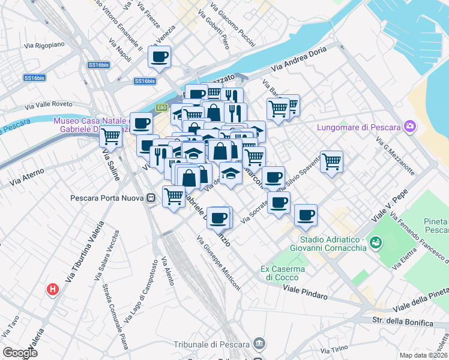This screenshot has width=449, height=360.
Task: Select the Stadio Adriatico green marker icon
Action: [376, 242]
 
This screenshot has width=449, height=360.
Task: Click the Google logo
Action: [20, 353]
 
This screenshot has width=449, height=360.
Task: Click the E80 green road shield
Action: [161, 107]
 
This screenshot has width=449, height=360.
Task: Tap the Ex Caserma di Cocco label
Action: [283, 273]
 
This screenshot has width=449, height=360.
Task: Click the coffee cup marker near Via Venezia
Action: [159, 57]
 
